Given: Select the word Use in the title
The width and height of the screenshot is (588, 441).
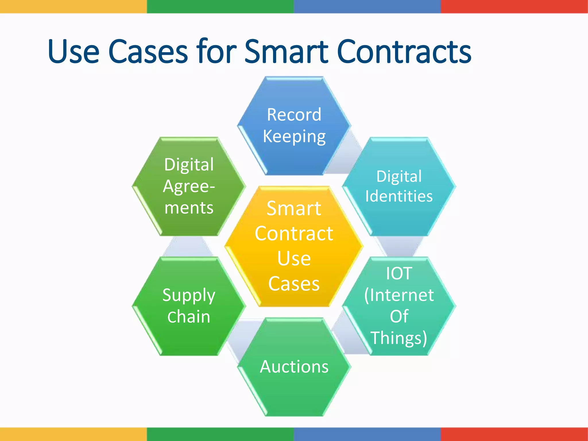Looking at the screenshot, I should (74, 52).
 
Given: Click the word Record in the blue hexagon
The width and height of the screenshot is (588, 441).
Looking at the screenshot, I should (294, 115).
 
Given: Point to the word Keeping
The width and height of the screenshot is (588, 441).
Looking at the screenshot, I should (294, 136).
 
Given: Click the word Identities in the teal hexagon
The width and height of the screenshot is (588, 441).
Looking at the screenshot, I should (399, 196).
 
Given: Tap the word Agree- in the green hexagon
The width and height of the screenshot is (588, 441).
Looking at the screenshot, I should (189, 187).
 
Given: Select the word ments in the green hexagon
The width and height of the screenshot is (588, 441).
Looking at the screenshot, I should (189, 208).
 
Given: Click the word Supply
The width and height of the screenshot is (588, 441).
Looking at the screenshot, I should (189, 296).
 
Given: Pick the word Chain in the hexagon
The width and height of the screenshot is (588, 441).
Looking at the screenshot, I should (189, 317).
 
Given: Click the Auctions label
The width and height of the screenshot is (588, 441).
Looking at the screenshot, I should (294, 367).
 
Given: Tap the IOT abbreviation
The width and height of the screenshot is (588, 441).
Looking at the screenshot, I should (399, 273).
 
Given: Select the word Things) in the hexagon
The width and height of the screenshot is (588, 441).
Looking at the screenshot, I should (399, 338).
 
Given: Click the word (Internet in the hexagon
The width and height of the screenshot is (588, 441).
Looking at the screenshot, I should (399, 295).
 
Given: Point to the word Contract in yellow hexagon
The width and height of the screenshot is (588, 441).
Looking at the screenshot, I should (294, 233).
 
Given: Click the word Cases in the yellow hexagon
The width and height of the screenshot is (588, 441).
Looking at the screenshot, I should (294, 284).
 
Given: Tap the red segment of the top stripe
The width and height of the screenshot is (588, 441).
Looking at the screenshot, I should (514, 6).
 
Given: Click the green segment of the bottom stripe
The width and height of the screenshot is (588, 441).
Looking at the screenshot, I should (220, 434).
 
